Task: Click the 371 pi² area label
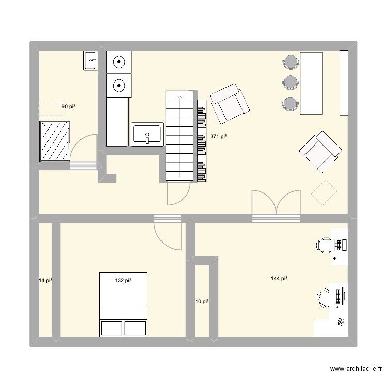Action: tap(218, 137)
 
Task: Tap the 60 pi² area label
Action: tap(69, 106)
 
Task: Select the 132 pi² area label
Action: tap(123, 281)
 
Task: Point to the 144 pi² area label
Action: tap(279, 279)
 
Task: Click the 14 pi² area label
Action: tap(45, 281)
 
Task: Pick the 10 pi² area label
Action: tap(202, 301)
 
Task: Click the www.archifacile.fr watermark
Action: tap(356, 369)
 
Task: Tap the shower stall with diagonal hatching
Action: tap(54, 141)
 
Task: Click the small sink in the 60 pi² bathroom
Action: tap(90, 60)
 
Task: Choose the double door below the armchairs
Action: tap(276, 204)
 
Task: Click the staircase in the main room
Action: tap(180, 136)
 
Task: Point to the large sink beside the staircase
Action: tap(147, 134)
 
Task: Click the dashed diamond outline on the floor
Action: tap(324, 192)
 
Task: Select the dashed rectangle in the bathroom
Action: tap(50, 108)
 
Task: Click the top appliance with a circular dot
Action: tap(119, 62)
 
